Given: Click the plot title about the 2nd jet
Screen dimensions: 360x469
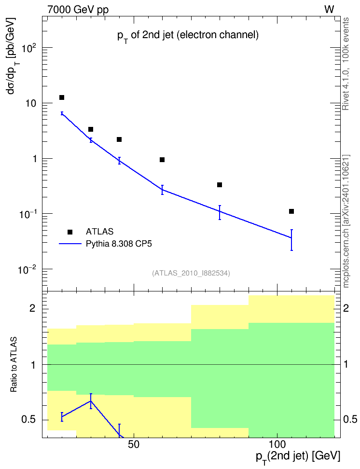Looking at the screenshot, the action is coord(188,36).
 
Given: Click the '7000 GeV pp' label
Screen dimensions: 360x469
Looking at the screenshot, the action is coord(78,10).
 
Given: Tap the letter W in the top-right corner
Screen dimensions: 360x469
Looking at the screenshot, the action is coord(329,10).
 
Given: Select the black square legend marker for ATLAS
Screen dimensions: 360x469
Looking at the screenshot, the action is coord(70,232).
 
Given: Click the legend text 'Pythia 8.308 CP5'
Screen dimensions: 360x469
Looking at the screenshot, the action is coord(119,244).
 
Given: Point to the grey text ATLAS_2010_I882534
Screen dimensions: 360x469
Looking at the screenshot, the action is coord(191,273).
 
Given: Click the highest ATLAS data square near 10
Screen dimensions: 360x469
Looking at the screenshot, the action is coord(62,97).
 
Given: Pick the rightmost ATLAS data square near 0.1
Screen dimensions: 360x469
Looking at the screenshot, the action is coord(291,211).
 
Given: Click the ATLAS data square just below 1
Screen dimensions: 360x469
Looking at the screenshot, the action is coord(162,160).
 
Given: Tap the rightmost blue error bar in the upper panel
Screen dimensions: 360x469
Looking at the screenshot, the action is coord(291,240).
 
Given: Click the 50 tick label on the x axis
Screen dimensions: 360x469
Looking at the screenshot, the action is coord(134,444).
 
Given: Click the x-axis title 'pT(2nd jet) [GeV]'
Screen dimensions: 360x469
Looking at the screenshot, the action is coord(298,457).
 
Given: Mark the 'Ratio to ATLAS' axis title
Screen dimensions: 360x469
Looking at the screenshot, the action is coord(14,365).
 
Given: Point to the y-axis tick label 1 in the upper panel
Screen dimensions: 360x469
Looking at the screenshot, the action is coord(35,159).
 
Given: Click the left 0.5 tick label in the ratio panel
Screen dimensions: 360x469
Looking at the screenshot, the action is coord(29,420).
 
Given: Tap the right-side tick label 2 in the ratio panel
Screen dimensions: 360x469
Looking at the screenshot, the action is coord(346,308).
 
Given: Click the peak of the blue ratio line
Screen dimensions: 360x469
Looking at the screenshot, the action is coord(91,401).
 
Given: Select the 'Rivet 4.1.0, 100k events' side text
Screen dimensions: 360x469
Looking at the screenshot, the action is coord(346,64).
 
